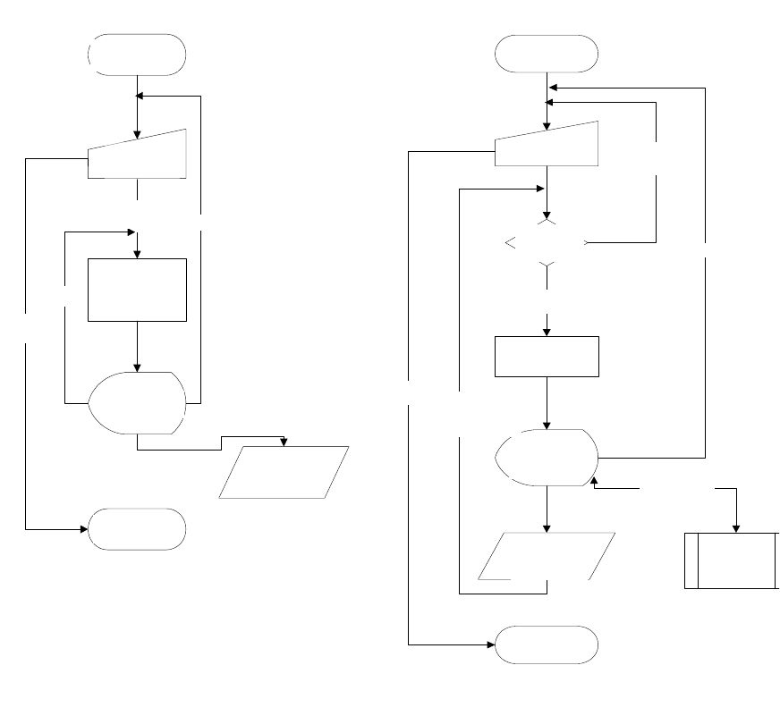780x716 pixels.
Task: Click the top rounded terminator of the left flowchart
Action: click(x=137, y=54)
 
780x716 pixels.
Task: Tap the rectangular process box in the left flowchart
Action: click(x=137, y=290)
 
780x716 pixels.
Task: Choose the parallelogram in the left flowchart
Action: click(x=284, y=471)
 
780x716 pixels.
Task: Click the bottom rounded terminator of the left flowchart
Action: click(x=137, y=529)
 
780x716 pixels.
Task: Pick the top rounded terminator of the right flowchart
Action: click(x=547, y=54)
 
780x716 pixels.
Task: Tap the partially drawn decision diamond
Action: click(x=547, y=242)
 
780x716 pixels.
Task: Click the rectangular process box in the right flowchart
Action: click(x=547, y=357)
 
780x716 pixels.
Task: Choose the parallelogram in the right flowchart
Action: click(x=547, y=556)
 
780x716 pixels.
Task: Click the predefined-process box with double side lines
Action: click(x=732, y=560)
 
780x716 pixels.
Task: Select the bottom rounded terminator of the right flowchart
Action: click(x=547, y=644)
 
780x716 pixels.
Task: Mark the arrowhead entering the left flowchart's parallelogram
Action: click(x=284, y=442)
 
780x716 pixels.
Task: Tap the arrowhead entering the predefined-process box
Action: click(x=735, y=527)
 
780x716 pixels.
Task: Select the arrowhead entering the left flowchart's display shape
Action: click(x=138, y=366)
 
